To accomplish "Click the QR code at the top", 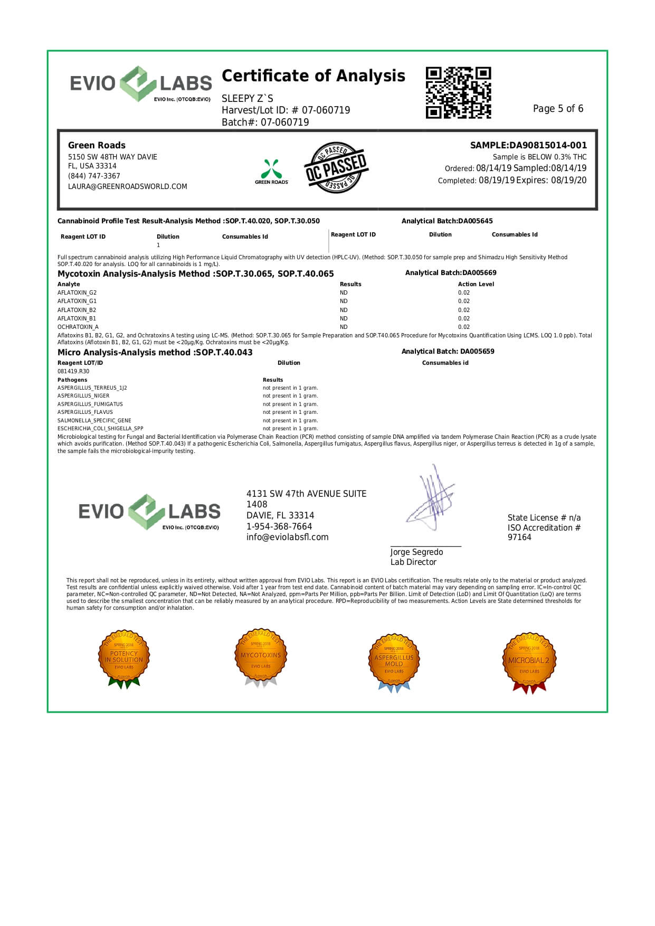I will click(458, 92).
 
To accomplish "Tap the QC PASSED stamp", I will click(336, 167).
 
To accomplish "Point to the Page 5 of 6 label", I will click(558, 109).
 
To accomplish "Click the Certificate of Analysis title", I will click(313, 76).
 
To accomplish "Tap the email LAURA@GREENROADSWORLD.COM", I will click(127, 186).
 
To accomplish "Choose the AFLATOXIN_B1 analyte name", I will click(77, 318).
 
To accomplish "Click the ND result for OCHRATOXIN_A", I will click(344, 327).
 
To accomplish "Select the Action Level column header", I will click(476, 284).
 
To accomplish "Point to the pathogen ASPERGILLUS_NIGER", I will click(83, 395).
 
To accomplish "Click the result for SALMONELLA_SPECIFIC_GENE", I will click(290, 420).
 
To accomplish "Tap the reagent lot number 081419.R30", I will click(73, 371).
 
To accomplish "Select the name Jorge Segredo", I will click(416, 552).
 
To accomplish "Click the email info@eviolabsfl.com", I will click(287, 537).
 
